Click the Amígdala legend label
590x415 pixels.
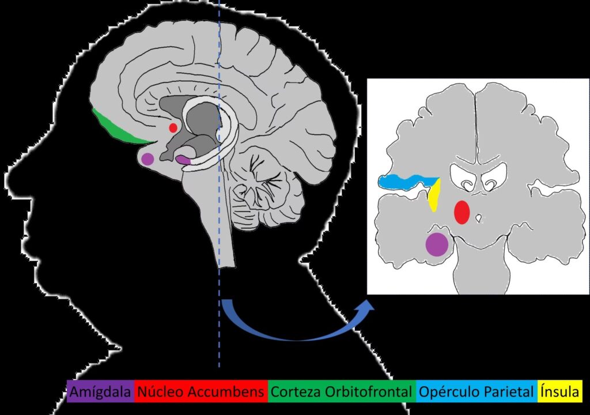point(100,393)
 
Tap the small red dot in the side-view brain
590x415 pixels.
point(173,127)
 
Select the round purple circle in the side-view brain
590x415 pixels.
point(147,159)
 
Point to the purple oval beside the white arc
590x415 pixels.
point(183,160)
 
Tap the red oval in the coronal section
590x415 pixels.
point(462,212)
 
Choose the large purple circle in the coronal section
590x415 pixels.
point(436,244)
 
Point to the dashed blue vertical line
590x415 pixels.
point(220,334)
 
